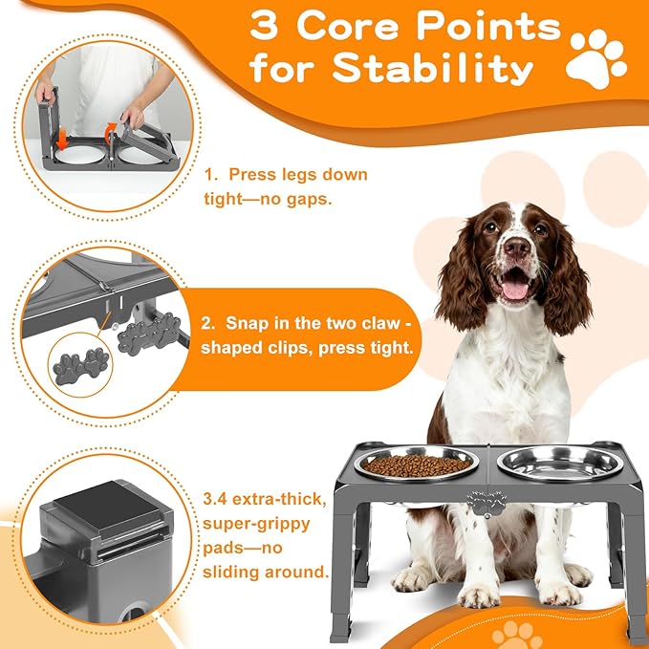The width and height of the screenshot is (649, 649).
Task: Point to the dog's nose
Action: click(x=517, y=249)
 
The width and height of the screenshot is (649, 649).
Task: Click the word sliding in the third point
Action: click(x=234, y=573)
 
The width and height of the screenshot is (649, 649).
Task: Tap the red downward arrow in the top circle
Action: click(x=62, y=139)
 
